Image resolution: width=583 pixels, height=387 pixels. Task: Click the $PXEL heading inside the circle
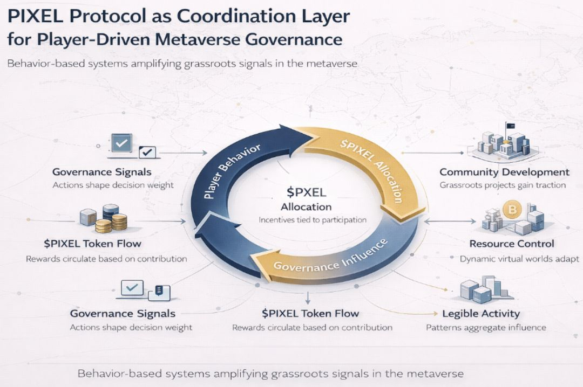(306, 192)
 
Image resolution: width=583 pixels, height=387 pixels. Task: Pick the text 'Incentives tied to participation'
(306, 220)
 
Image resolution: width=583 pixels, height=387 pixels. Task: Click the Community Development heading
(504, 172)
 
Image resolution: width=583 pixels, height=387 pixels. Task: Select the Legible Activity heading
(480, 313)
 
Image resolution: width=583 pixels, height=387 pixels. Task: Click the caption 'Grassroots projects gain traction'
(502, 185)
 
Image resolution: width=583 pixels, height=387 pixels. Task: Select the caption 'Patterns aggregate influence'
(486, 327)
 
